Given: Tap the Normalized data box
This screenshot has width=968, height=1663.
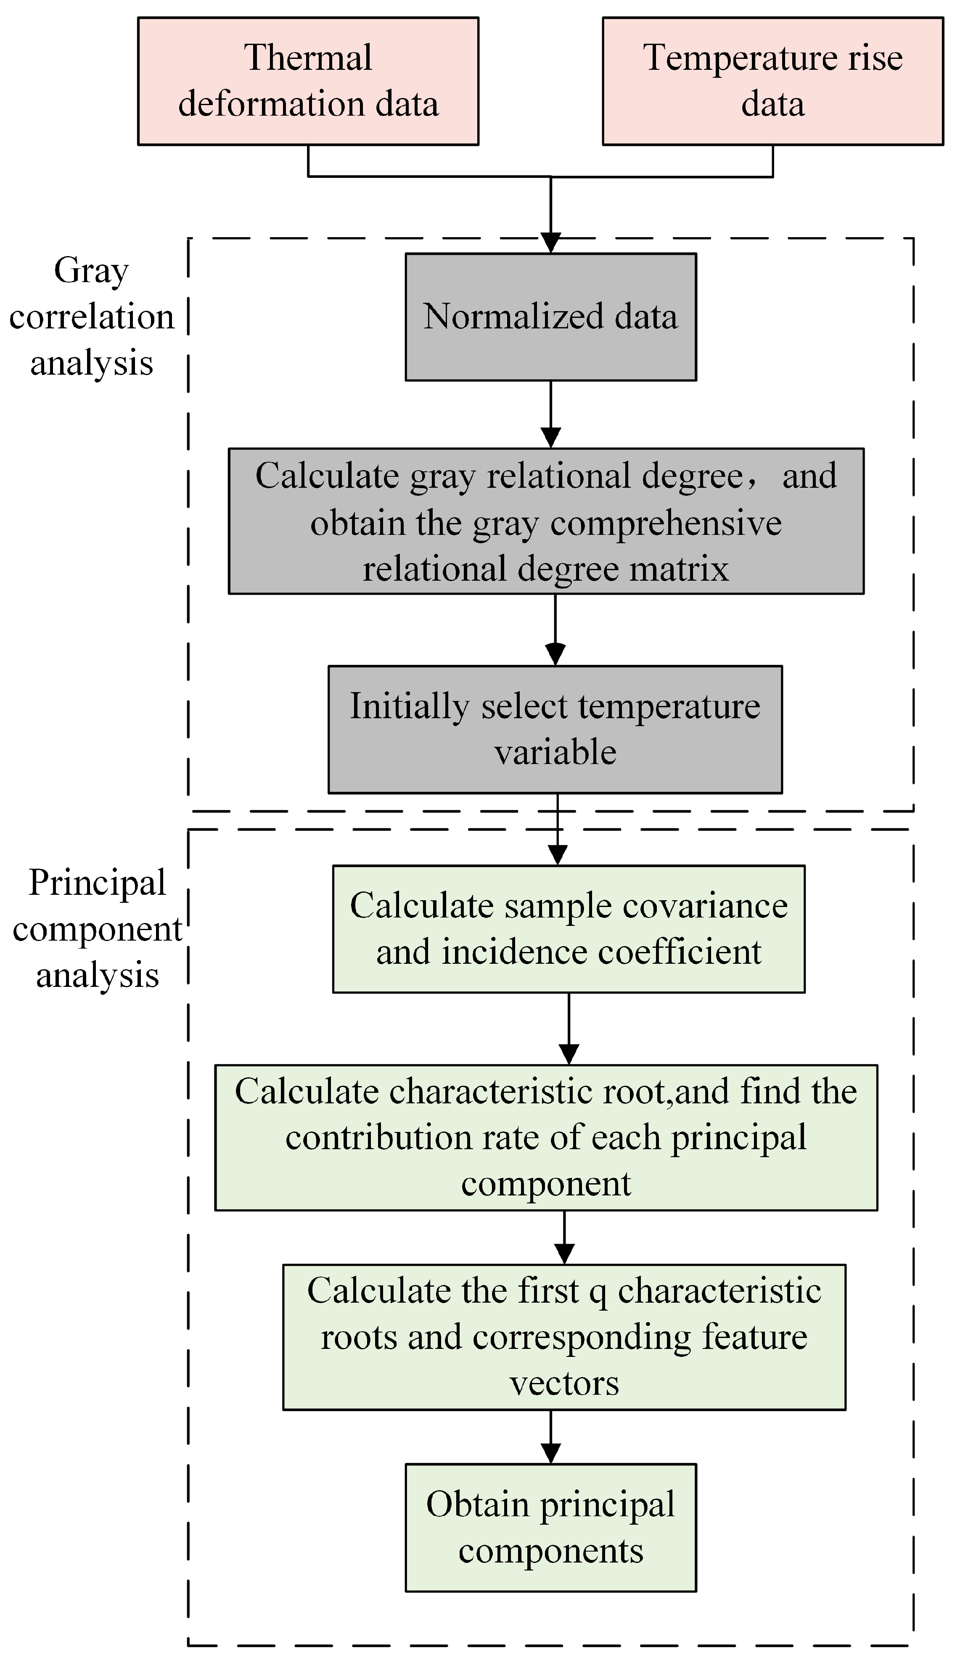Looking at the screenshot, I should [x=550, y=317].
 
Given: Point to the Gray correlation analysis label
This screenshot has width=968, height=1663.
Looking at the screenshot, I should [x=91, y=317].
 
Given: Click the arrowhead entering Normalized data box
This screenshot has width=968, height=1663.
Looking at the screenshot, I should [x=550, y=242].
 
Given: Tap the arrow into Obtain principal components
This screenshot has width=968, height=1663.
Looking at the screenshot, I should [x=550, y=1437].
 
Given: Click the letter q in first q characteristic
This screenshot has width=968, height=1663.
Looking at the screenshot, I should [x=598, y=1292].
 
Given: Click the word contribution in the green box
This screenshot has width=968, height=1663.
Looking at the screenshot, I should [x=378, y=1138].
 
